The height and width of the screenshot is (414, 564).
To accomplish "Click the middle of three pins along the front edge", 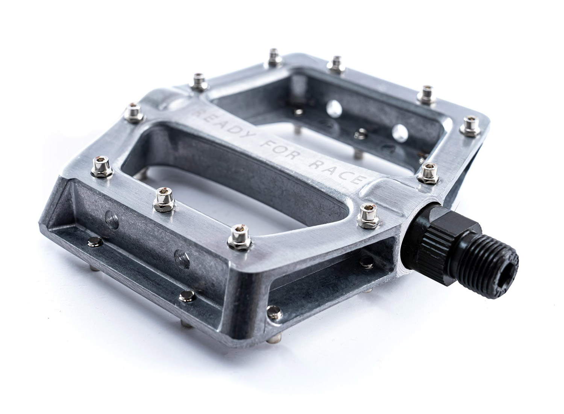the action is tap(164, 199).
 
